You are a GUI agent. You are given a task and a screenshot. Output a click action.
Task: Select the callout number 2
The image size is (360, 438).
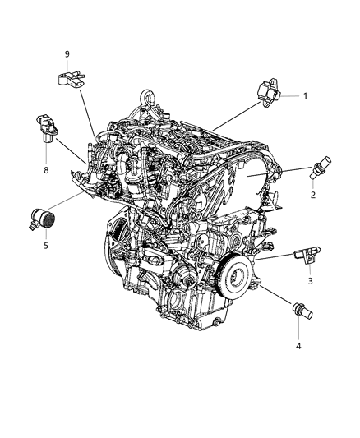pos(314,196)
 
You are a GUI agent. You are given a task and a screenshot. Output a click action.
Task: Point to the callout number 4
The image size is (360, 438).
pos(299,346)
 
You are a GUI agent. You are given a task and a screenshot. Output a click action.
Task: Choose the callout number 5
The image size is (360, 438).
pos(46,244)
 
